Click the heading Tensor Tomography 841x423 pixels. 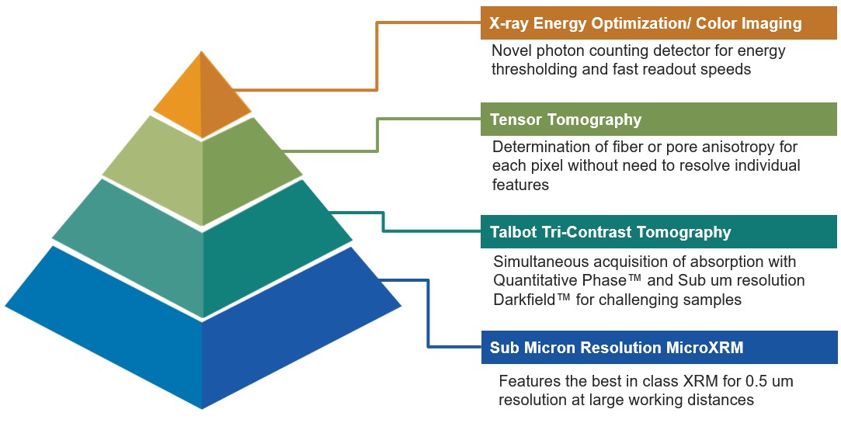pos(565,119)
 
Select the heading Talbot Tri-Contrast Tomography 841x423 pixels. pos(610,231)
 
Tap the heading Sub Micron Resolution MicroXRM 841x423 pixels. pos(617,347)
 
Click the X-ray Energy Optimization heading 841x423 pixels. pos(646,23)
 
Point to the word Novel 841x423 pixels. pos(511,51)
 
